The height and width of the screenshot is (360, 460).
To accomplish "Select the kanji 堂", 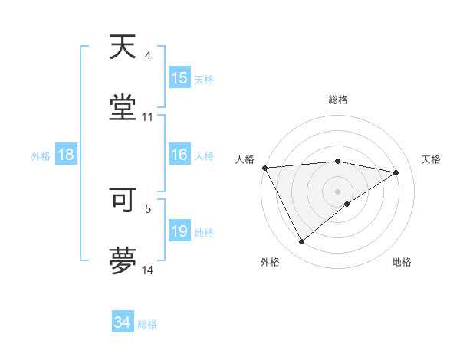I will [x=123, y=107].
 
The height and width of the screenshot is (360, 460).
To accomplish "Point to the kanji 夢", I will [x=123, y=260].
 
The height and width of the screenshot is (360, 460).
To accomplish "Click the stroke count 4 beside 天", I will [x=148, y=56].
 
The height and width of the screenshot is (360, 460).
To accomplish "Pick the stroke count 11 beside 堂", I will [x=148, y=117].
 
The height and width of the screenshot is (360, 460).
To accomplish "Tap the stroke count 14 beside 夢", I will [x=148, y=270].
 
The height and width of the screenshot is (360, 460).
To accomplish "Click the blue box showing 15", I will [x=179, y=78].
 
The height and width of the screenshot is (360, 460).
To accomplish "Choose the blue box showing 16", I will [x=179, y=155].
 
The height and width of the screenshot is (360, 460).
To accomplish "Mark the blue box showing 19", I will [x=179, y=231].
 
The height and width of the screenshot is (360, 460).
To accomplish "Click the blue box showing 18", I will [x=66, y=155].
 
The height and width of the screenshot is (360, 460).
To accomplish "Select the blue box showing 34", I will [x=123, y=322].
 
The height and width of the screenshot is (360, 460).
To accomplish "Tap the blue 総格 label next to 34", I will [x=148, y=324].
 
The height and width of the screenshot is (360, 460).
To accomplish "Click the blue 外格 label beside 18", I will [x=41, y=156].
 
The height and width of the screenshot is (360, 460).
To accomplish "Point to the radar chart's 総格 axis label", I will [x=338, y=100].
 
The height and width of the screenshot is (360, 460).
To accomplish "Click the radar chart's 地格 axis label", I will [x=402, y=262].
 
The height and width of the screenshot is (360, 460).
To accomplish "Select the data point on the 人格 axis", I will [x=264, y=168].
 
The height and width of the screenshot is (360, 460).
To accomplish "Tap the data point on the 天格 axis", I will [x=396, y=172].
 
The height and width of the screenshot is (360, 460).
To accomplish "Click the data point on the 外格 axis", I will [x=301, y=242].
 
